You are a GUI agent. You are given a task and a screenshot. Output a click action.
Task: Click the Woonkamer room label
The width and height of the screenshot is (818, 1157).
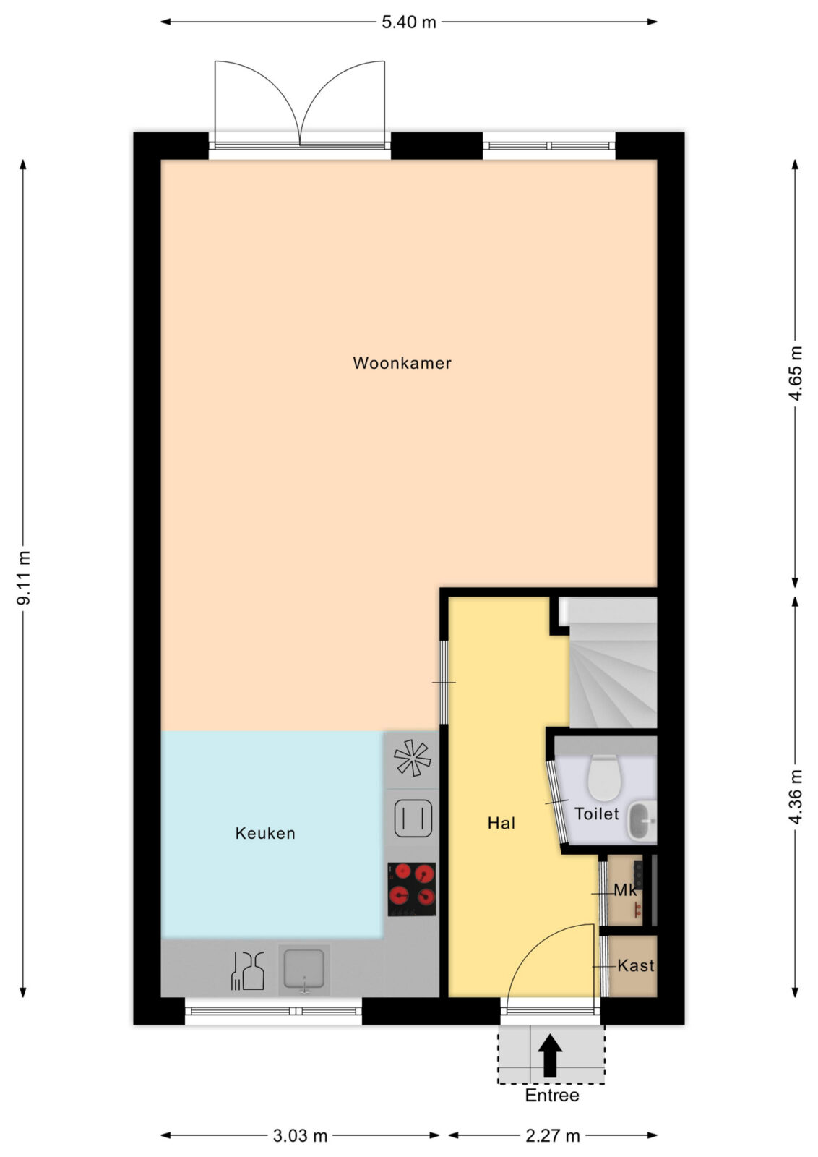point(402,363)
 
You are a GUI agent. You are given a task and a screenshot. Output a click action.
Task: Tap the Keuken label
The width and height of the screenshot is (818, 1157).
point(265,833)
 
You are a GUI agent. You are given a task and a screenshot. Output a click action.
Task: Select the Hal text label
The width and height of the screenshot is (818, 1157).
point(501,823)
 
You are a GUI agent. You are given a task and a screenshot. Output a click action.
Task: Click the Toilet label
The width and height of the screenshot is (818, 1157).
point(597,814)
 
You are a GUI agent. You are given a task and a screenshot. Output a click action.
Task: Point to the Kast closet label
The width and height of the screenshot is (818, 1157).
point(636,965)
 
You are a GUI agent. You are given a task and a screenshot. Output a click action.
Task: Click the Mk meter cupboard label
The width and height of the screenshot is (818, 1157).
point(626,890)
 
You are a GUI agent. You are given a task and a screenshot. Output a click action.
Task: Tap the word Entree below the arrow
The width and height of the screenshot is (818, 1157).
point(551,1095)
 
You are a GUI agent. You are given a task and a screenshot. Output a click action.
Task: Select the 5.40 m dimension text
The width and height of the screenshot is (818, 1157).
point(409,22)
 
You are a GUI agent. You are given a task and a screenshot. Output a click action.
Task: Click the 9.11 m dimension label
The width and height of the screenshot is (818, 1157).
point(24,577)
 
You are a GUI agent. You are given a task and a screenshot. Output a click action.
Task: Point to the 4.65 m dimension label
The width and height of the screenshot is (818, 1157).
point(796,373)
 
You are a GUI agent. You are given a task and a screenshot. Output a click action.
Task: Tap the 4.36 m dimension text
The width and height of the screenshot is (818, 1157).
point(796,796)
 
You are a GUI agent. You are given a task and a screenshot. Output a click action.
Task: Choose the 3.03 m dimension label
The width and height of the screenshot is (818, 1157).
point(300,1136)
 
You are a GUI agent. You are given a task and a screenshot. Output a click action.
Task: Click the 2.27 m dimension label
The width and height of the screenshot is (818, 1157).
point(553,1136)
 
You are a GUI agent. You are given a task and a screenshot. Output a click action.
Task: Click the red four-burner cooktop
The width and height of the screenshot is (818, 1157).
point(412,889)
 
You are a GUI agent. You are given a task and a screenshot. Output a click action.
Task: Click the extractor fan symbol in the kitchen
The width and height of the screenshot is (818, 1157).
point(413,758)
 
